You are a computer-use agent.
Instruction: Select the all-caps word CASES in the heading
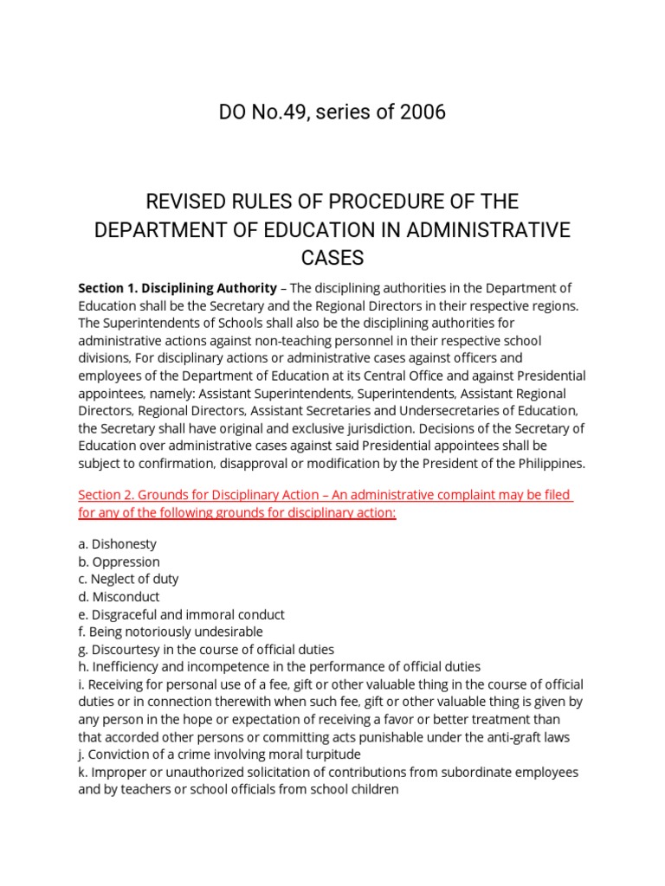pos(332,258)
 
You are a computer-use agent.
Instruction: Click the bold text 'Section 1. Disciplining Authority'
pos(178,288)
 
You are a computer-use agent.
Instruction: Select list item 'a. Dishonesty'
pos(117,545)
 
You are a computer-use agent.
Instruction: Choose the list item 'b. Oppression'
pos(119,562)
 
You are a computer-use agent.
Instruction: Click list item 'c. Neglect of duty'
pos(128,579)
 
